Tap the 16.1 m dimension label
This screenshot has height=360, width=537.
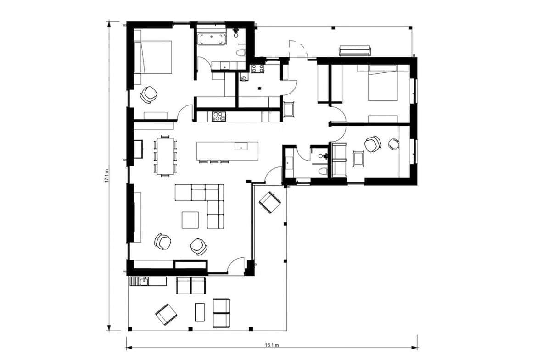pyautogui.click(x=272, y=345)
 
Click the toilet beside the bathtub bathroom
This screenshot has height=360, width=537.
pyautogui.click(x=241, y=53)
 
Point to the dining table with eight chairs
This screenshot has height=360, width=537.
pyautogui.click(x=165, y=156)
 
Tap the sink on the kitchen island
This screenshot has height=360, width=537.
pyautogui.click(x=241, y=146)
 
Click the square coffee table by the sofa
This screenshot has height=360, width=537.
pyautogui.click(x=190, y=220)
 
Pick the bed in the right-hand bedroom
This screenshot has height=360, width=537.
pyautogui.click(x=383, y=83)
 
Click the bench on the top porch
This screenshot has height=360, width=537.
pyautogui.click(x=354, y=50)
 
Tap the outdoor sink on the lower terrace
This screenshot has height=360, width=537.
pyautogui.click(x=144, y=281)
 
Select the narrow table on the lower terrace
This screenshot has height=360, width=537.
pyautogui.click(x=200, y=312)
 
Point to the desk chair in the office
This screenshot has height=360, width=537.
pyautogui.click(x=394, y=144)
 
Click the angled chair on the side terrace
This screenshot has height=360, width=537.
pyautogui.click(x=270, y=202)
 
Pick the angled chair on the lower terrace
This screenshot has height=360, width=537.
pyautogui.click(x=167, y=315)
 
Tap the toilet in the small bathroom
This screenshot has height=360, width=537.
pyautogui.click(x=322, y=171)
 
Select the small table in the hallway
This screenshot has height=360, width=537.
pyautogui.click(x=289, y=110)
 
